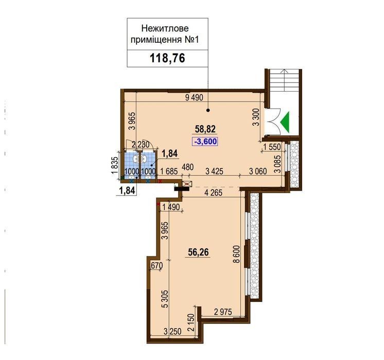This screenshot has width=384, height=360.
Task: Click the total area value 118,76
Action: (x=167, y=58)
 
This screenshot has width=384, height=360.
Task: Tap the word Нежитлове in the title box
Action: (x=165, y=28)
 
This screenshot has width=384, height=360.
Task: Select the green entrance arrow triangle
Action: (x=285, y=122)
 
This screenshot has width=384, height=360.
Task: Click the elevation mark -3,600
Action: (x=205, y=142)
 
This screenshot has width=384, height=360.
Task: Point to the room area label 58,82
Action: (x=205, y=129)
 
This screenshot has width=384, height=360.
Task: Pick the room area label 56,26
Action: (x=198, y=252)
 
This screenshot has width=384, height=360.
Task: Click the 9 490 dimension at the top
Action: (x=194, y=98)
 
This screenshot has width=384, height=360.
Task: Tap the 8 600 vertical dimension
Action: (x=237, y=254)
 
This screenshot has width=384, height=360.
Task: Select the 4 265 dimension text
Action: (x=213, y=193)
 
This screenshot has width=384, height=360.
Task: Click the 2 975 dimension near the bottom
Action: (x=223, y=312)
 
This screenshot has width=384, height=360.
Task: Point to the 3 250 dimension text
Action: (x=172, y=332)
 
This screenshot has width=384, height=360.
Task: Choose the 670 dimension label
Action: (x=157, y=265)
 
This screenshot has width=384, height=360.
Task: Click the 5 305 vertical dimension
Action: (x=166, y=299)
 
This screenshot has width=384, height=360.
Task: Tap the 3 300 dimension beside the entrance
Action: (x=256, y=117)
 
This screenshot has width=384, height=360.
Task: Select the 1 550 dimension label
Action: (x=272, y=147)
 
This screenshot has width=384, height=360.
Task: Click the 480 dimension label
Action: (x=188, y=167)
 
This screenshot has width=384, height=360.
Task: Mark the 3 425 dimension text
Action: (x=215, y=172)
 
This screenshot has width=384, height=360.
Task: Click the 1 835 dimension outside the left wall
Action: (x=115, y=165)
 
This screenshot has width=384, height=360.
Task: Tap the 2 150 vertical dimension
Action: (x=191, y=323)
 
